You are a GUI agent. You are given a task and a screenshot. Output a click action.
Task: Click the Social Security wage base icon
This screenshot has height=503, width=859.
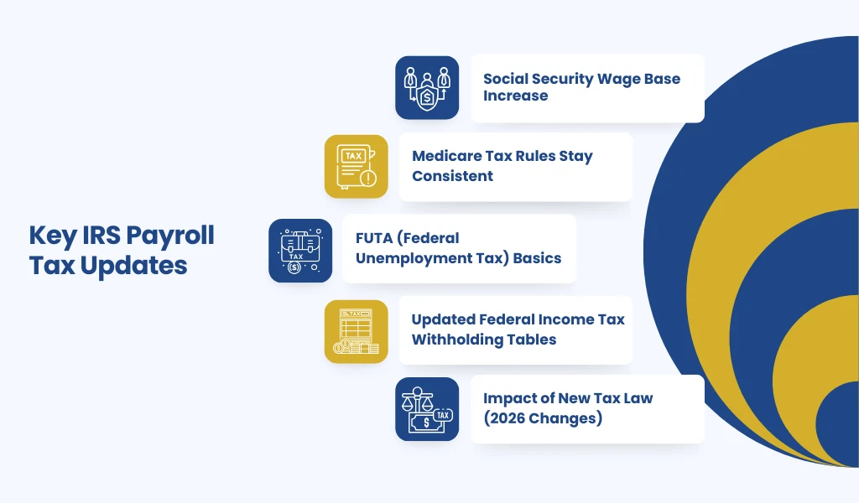pyautogui.click(x=427, y=87)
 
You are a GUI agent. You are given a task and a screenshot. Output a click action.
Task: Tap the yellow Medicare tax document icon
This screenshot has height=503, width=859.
pyautogui.click(x=356, y=166)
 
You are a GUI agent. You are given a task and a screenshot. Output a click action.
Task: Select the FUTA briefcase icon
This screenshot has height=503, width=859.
pyautogui.click(x=300, y=251)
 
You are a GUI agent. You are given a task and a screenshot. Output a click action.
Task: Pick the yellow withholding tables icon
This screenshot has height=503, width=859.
pyautogui.click(x=356, y=332)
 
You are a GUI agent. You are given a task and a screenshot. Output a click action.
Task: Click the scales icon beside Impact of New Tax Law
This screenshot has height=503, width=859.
pyautogui.click(x=427, y=409)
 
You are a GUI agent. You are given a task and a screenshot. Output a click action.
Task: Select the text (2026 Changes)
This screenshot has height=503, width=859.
pyautogui.click(x=543, y=418)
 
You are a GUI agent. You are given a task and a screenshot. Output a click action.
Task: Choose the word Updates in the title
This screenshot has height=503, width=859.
pyautogui.click(x=133, y=267)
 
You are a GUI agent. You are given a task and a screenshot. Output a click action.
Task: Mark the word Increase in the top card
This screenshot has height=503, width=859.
pyautogui.click(x=516, y=96)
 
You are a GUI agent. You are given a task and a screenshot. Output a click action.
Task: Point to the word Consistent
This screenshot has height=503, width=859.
pyautogui.click(x=452, y=176)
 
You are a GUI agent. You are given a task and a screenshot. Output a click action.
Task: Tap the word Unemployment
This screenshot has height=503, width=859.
pyautogui.click(x=409, y=258)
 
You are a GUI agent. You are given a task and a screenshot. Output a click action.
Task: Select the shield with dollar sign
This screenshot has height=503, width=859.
pyautogui.click(x=427, y=97)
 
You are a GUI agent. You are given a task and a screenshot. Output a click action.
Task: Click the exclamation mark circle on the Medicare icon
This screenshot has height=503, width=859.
pyautogui.click(x=368, y=178)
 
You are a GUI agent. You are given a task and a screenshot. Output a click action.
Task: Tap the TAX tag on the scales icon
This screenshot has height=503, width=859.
pyautogui.click(x=443, y=416)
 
